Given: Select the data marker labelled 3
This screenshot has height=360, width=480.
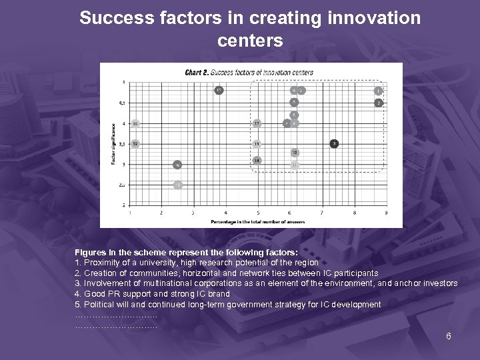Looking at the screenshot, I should (x=335, y=143).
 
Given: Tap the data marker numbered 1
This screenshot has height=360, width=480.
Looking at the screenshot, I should (x=378, y=90).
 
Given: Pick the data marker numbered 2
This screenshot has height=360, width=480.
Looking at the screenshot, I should (x=378, y=103).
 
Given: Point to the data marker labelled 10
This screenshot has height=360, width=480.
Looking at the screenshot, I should (x=294, y=153).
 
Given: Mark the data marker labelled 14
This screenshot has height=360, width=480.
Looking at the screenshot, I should (x=257, y=161).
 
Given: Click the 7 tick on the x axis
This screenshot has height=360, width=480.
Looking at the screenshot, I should (x=322, y=213).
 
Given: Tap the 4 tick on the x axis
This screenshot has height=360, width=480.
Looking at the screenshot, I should (x=225, y=213).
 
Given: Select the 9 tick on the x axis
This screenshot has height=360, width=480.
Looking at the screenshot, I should (x=386, y=213).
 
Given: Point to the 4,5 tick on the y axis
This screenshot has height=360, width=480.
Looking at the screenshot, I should (x=121, y=103).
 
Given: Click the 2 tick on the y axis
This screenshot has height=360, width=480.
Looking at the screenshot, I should (x=123, y=205).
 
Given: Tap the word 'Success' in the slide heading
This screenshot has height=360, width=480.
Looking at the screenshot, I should (x=109, y=18).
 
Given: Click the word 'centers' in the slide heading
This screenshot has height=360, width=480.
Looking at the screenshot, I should (x=250, y=41).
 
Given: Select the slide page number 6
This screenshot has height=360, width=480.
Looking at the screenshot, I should (x=449, y=335).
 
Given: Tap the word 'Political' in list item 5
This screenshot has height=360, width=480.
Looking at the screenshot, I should (x=99, y=305).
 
